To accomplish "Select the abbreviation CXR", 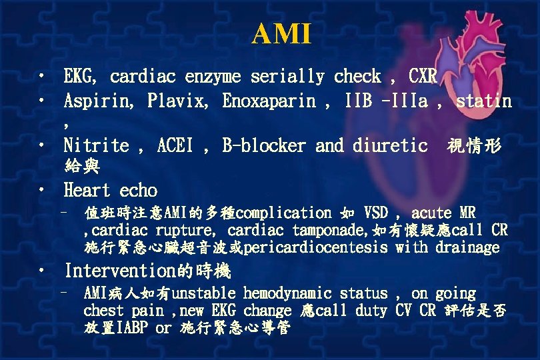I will [423, 77].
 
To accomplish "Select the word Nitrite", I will [96, 145].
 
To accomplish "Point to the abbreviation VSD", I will [376, 213].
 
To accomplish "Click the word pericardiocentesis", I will [316, 248].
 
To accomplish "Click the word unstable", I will [204, 293].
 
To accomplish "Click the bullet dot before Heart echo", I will [43, 190].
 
